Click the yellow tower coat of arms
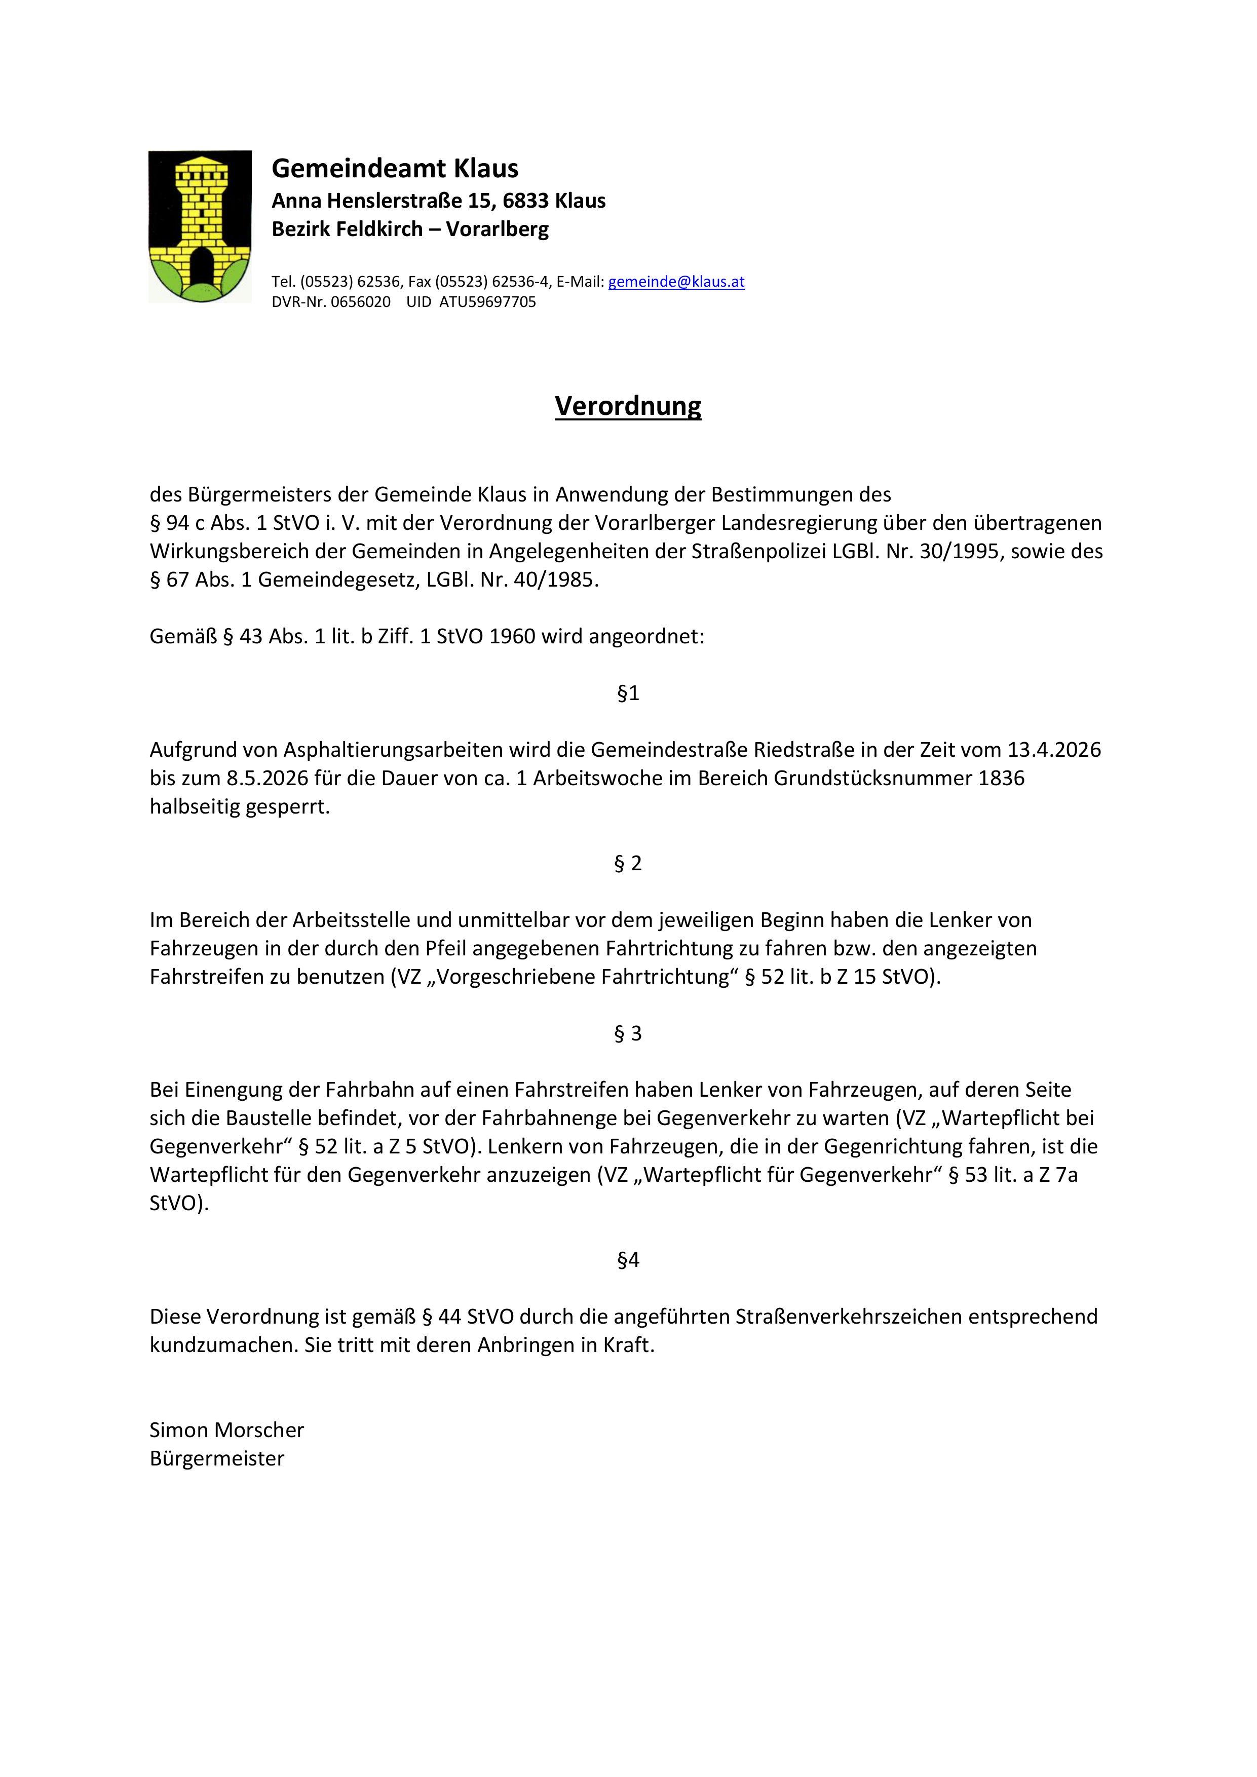pos(200,226)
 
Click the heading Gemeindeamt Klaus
pos(395,168)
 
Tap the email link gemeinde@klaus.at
pos(676,282)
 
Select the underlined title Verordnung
pos(628,406)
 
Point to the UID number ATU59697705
pos(487,302)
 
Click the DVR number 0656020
pos(361,302)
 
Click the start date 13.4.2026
pos(1054,750)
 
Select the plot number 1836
pos(1002,778)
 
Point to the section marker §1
pos(628,693)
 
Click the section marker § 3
pos(628,1033)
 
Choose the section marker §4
pos(628,1260)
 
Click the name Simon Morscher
pos(227,1430)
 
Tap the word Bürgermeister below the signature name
pos(217,1458)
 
